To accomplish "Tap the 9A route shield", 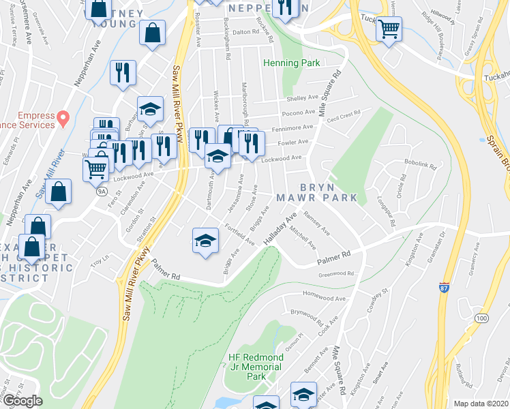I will coord(102,192).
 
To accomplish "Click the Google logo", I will coord(22,401).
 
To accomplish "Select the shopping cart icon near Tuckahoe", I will coord(389,29).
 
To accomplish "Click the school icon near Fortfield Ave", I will coord(205,241).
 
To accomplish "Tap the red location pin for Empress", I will coord(63,119).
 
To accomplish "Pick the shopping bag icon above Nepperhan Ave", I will coord(152,33).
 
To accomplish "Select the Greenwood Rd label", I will coord(337,274).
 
